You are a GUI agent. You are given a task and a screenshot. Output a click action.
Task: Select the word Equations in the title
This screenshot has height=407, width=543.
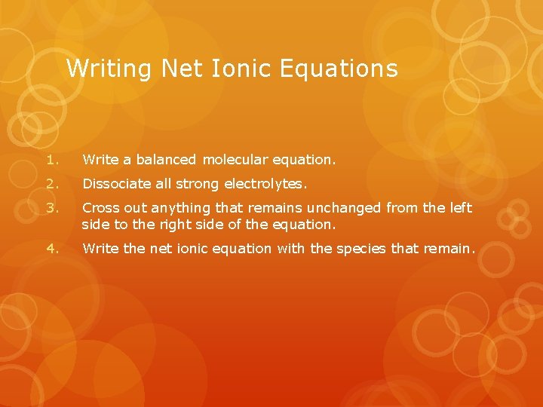[339, 69]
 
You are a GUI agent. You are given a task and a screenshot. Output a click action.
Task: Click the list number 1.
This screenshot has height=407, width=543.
[50, 161]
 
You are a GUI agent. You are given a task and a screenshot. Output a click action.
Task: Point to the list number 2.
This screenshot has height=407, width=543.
[51, 184]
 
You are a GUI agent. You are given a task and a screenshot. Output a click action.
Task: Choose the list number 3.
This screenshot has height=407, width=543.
[51, 207]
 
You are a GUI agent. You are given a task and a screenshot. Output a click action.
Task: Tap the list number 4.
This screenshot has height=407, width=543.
[51, 247]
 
